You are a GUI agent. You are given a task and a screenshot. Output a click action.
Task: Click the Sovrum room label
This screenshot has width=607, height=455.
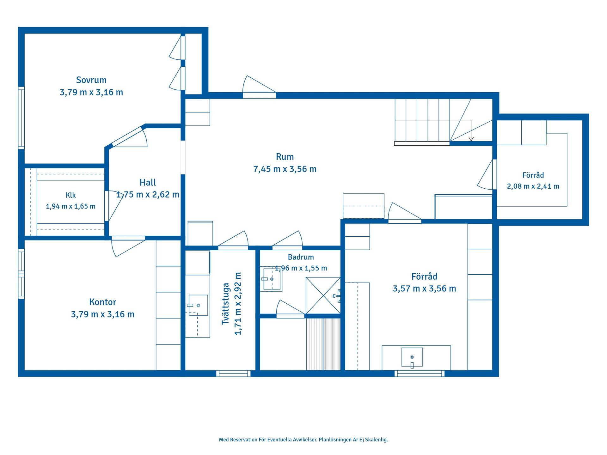(91, 80)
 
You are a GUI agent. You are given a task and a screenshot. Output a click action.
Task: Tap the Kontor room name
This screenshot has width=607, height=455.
(103, 302)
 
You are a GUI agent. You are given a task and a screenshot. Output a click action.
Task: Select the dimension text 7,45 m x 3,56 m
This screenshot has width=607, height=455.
(285, 169)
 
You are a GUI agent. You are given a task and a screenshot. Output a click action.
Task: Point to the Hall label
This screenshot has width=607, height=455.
(148, 182)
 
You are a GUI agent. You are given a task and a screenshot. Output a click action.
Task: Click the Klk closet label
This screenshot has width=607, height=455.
(71, 195)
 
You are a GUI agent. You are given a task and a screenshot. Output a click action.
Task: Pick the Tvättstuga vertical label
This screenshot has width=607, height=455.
(225, 304)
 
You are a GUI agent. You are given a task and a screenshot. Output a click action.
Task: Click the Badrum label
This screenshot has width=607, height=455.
(301, 257)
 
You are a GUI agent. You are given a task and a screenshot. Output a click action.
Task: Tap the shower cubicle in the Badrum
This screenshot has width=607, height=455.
(323, 295)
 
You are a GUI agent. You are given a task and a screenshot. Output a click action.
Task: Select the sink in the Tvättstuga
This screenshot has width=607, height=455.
(198, 305)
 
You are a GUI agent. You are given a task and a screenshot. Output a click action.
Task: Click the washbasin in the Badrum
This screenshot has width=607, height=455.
(272, 279)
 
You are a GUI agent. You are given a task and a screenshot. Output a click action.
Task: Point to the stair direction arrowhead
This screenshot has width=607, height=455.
(471, 139)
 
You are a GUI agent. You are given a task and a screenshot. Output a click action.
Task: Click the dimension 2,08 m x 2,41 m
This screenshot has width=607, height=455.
(533, 186)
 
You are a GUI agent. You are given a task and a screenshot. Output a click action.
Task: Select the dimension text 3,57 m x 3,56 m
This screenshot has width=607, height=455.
(424, 288)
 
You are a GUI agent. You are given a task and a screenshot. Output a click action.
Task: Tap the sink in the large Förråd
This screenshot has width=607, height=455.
(412, 357)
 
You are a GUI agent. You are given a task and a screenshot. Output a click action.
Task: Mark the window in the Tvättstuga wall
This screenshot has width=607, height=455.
(233, 373)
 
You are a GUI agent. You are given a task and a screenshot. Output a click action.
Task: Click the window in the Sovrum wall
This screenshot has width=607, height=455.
(21, 118)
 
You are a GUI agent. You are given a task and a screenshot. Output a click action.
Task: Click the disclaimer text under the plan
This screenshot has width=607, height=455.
(303, 440)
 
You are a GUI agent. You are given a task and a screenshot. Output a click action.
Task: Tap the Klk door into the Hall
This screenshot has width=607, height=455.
(112, 206)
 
